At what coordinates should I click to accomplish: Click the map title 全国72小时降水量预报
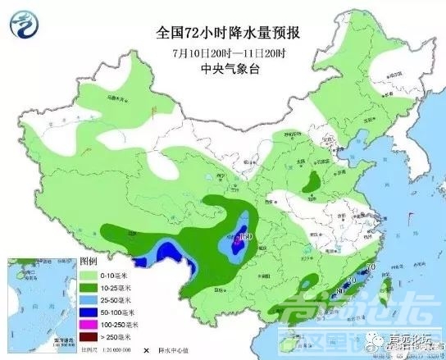pyautogui.click(x=223, y=34)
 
